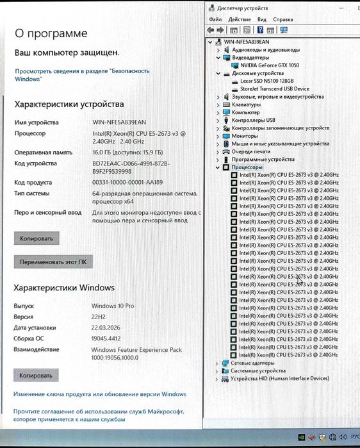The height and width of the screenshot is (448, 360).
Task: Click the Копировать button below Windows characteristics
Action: coord(37,376)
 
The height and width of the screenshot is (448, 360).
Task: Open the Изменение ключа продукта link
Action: coord(100,394)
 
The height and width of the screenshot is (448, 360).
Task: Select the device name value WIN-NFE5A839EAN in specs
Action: coord(119,122)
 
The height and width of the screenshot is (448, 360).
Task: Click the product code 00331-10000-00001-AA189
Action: coord(127,183)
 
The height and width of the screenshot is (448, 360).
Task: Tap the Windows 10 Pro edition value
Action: coord(113,306)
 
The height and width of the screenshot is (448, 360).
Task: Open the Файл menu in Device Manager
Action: coord(215,20)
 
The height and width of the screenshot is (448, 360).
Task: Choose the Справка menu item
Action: coord(282,20)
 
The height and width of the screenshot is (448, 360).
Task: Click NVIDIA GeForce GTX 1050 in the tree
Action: coord(269,65)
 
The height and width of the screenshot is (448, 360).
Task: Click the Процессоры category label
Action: coord(247,167)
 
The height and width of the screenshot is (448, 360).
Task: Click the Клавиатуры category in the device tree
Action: coord(246,104)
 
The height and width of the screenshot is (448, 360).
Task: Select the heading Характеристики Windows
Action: coord(64,288)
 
